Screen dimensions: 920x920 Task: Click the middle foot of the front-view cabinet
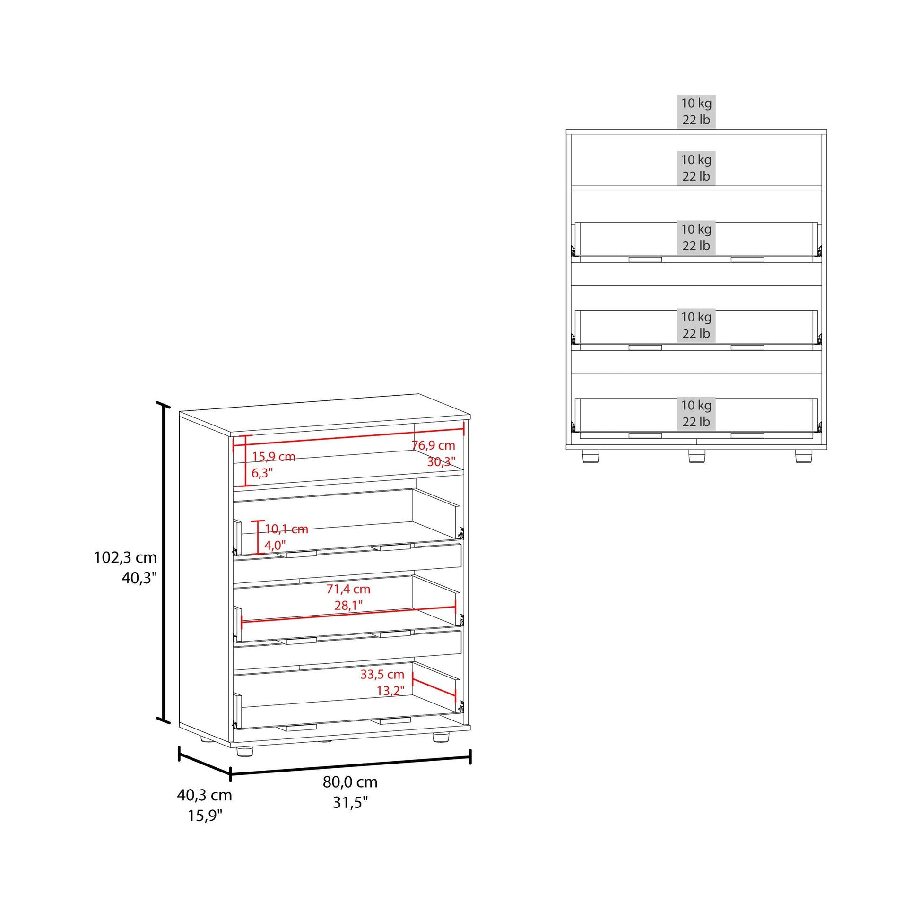pyautogui.click(x=696, y=456)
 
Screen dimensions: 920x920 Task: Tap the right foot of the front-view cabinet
pyautogui.click(x=804, y=456)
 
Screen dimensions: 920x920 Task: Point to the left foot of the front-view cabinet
pyautogui.click(x=590, y=456)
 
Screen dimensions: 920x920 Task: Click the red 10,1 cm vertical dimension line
pyautogui.click(x=258, y=537)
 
